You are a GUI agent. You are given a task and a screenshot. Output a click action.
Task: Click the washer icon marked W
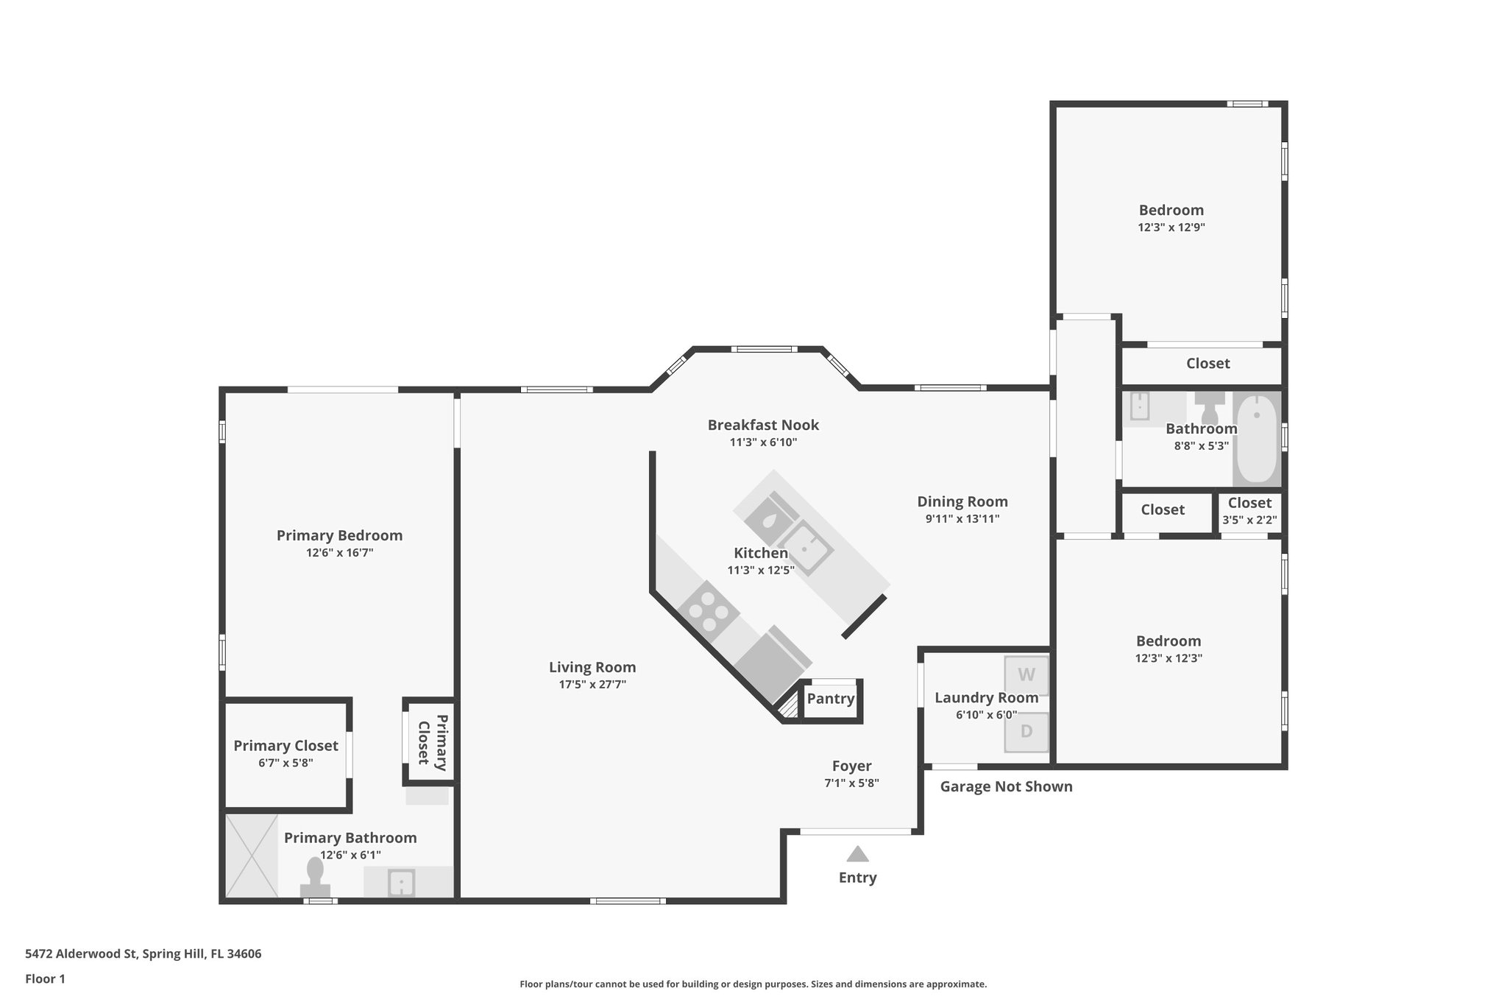click(1026, 674)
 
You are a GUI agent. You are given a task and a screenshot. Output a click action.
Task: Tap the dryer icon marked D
click(1026, 732)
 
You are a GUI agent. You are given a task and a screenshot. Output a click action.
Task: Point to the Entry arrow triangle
click(857, 854)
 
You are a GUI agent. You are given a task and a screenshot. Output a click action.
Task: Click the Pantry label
click(831, 698)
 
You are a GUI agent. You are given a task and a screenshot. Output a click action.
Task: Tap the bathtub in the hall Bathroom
click(1257, 439)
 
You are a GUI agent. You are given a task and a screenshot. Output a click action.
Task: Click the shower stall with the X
click(252, 856)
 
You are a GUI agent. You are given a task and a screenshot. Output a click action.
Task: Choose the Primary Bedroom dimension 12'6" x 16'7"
click(339, 553)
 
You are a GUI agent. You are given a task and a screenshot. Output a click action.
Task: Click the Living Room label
click(592, 667)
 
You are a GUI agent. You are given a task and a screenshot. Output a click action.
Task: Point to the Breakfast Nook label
click(763, 425)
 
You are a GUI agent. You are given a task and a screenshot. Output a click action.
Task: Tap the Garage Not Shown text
click(1006, 786)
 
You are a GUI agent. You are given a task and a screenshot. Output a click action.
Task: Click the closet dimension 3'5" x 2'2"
click(1249, 520)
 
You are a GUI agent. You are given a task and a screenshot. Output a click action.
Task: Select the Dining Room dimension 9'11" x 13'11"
click(962, 518)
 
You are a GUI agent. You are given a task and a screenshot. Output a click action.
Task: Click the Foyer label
click(851, 766)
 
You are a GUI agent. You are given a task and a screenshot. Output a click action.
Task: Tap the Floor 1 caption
click(45, 978)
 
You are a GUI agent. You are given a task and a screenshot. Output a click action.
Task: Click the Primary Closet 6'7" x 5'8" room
click(286, 754)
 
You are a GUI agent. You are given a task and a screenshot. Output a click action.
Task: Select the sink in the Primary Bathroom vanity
click(401, 882)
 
